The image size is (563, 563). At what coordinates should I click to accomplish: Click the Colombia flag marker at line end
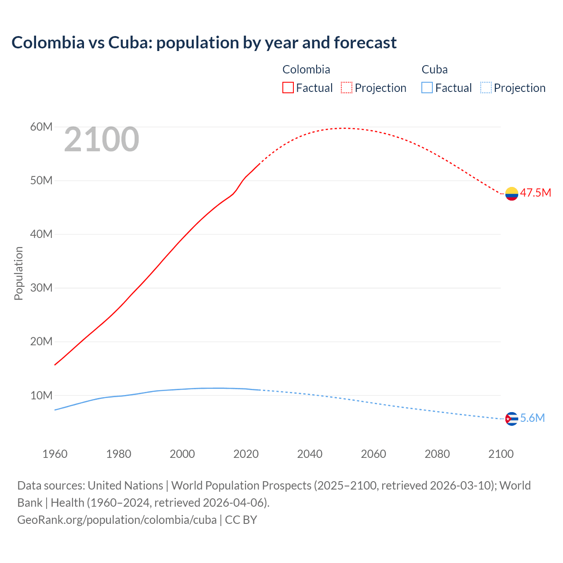pyautogui.click(x=512, y=194)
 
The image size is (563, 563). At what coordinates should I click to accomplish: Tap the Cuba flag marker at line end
pyautogui.click(x=512, y=419)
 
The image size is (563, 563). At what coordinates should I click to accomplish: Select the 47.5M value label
pyautogui.click(x=535, y=193)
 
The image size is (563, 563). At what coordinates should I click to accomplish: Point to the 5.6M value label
pyautogui.click(x=532, y=418)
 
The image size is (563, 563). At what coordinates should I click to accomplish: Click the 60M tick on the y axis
pyautogui.click(x=41, y=127)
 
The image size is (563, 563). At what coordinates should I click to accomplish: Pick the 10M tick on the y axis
pyautogui.click(x=41, y=395)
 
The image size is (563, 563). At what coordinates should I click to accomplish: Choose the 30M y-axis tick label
pyautogui.click(x=41, y=288)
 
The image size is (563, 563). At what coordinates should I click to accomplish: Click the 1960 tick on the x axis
pyautogui.click(x=55, y=454)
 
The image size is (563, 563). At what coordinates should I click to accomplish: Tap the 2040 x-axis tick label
pyautogui.click(x=310, y=454)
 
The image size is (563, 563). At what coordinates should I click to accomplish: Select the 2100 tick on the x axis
pyautogui.click(x=501, y=454)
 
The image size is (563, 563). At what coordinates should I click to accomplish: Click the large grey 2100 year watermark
pyautogui.click(x=102, y=140)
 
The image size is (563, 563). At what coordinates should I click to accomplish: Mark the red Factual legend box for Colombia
pyautogui.click(x=288, y=88)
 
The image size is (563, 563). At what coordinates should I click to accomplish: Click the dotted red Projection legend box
pyautogui.click(x=347, y=88)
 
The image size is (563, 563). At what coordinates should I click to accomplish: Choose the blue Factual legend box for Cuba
pyautogui.click(x=427, y=88)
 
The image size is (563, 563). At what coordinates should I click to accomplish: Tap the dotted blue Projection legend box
pyautogui.click(x=486, y=88)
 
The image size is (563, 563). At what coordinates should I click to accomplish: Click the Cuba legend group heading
pyautogui.click(x=435, y=69)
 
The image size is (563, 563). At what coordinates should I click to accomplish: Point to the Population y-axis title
pyautogui.click(x=18, y=273)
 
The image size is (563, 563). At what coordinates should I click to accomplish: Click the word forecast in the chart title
pyautogui.click(x=365, y=43)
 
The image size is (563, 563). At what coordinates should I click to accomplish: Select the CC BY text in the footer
pyautogui.click(x=241, y=520)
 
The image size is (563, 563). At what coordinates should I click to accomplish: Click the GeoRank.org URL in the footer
pyautogui.click(x=117, y=520)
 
